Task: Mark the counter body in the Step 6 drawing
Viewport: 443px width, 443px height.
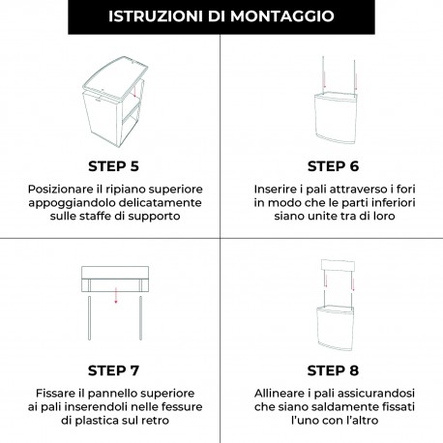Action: pos(333,118)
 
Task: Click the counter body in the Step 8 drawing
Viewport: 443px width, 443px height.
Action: pos(333,327)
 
